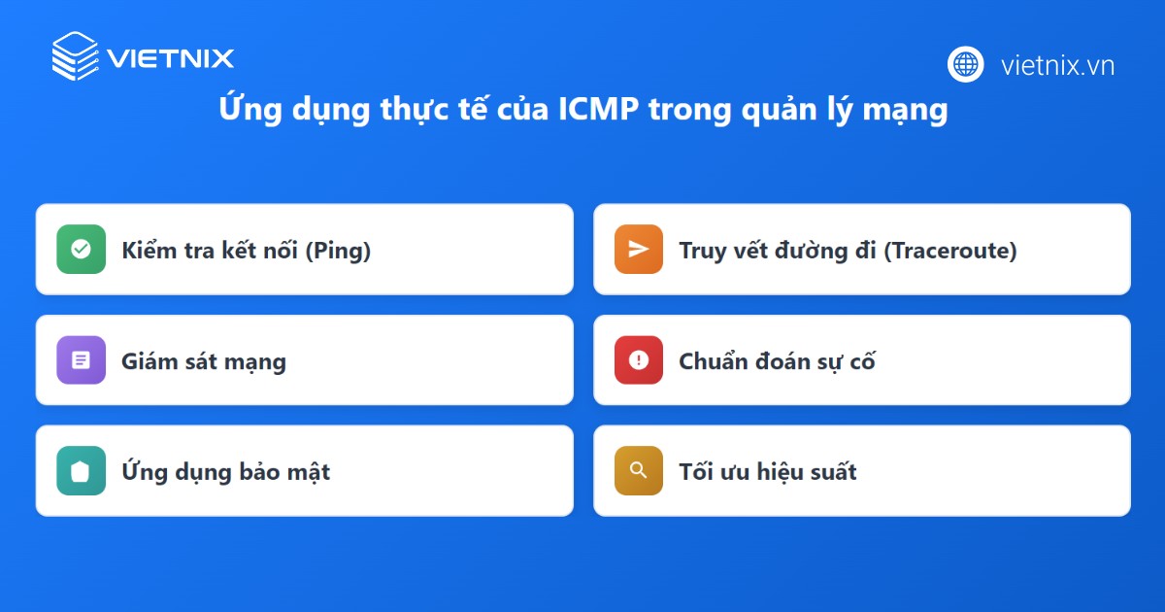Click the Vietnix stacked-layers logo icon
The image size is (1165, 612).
point(75,56)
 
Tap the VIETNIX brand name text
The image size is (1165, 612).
point(171,58)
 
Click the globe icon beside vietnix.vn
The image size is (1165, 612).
point(965,64)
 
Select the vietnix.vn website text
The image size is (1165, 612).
point(1058,66)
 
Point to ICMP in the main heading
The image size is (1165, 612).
point(598,109)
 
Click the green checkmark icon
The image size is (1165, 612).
point(82,250)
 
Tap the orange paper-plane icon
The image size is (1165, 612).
point(639,250)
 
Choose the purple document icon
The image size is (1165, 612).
point(82,360)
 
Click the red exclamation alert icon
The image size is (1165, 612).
point(639,360)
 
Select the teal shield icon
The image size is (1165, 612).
point(82,471)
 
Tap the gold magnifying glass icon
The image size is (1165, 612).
point(639,471)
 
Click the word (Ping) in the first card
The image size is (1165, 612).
point(338,251)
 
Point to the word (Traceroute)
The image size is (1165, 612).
point(950,251)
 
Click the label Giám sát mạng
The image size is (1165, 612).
point(204,361)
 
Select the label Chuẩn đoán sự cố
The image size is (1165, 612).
point(777,360)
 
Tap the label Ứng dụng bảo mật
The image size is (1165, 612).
point(225,471)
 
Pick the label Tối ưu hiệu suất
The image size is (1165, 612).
point(768,471)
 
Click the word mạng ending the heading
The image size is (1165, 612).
point(906,111)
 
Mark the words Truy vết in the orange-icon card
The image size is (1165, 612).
point(723,251)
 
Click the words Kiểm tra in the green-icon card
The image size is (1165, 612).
point(168,251)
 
